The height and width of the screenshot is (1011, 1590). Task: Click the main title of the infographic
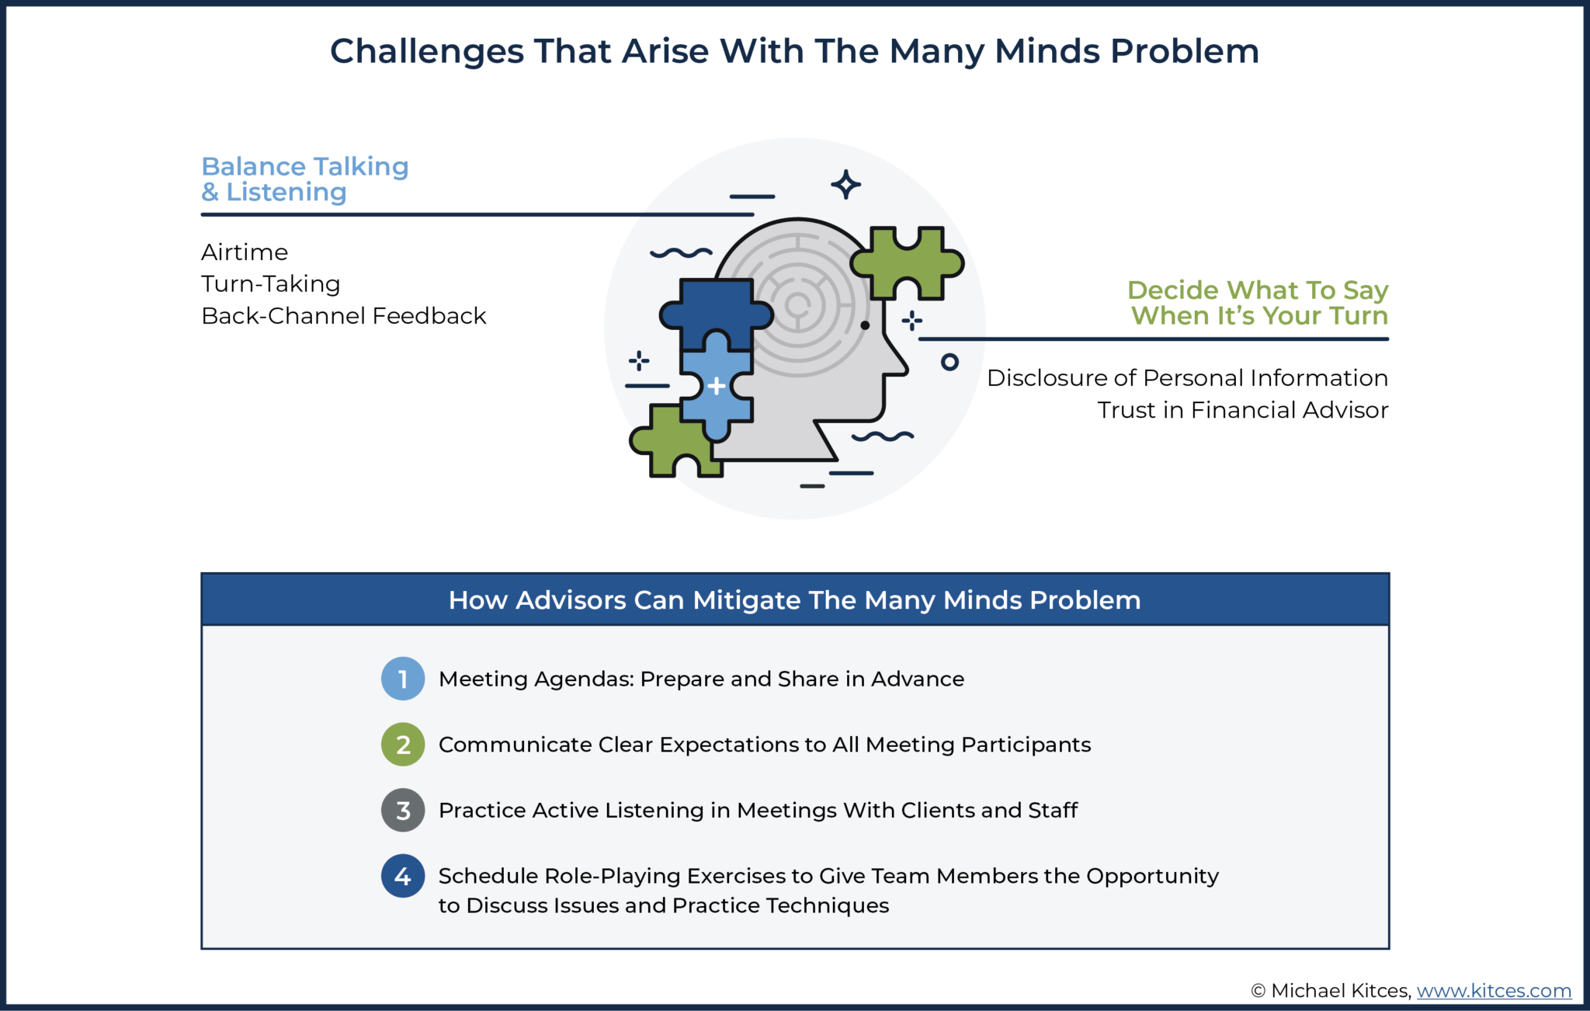(x=794, y=51)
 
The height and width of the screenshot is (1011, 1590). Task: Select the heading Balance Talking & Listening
(x=304, y=179)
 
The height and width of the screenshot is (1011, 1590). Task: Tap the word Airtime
(x=245, y=252)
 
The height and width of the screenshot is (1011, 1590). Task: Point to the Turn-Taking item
(x=271, y=284)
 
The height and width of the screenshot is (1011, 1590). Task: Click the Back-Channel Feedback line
(x=343, y=316)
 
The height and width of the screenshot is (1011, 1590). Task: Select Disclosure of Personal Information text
(x=1187, y=378)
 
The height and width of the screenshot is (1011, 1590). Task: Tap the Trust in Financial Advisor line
(x=1242, y=410)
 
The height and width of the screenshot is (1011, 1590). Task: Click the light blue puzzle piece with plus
(x=716, y=386)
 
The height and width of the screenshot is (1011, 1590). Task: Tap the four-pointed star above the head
(x=845, y=185)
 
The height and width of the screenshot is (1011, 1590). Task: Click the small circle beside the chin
(x=949, y=362)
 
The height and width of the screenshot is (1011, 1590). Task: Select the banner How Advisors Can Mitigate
(x=794, y=600)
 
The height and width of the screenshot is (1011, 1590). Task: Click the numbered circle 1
(x=403, y=679)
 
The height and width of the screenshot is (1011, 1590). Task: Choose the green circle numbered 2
(x=403, y=745)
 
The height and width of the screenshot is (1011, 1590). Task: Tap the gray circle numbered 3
(x=403, y=811)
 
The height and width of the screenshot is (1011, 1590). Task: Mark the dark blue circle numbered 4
(x=403, y=876)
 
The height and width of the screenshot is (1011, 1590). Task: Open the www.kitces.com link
(x=1494, y=991)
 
